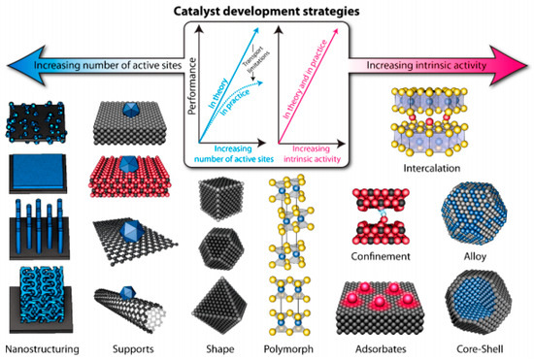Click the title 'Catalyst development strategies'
(266, 12)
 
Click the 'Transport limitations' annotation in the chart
(250, 61)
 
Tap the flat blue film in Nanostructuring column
(40, 168)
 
